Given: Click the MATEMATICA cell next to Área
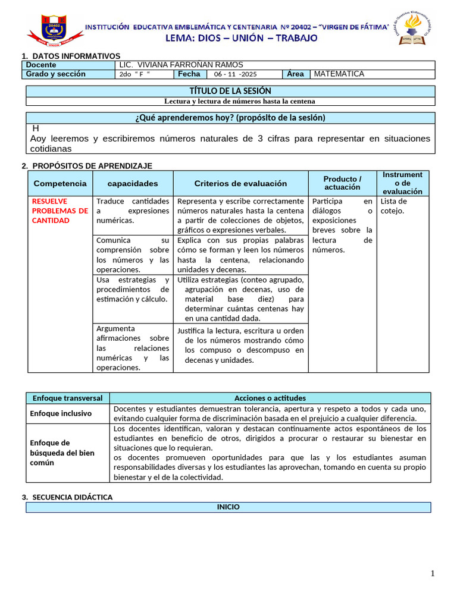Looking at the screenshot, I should [x=339, y=74].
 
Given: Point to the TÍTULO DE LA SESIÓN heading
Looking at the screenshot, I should [x=230, y=91].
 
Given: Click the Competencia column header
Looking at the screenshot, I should [x=60, y=184].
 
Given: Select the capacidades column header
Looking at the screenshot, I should [x=133, y=184].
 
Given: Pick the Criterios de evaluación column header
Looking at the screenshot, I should [x=240, y=184].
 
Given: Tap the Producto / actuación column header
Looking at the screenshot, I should [x=342, y=183].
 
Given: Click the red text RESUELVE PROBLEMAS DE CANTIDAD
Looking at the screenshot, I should [x=60, y=211].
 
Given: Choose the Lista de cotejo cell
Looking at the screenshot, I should [x=393, y=206].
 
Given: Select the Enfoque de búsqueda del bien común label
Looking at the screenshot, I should [x=62, y=453].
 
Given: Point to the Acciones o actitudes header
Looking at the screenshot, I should [x=270, y=398].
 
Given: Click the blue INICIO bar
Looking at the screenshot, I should [x=228, y=507].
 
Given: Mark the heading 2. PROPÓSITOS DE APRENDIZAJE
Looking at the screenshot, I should [x=87, y=166].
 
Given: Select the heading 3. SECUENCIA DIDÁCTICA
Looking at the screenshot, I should [x=67, y=497].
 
